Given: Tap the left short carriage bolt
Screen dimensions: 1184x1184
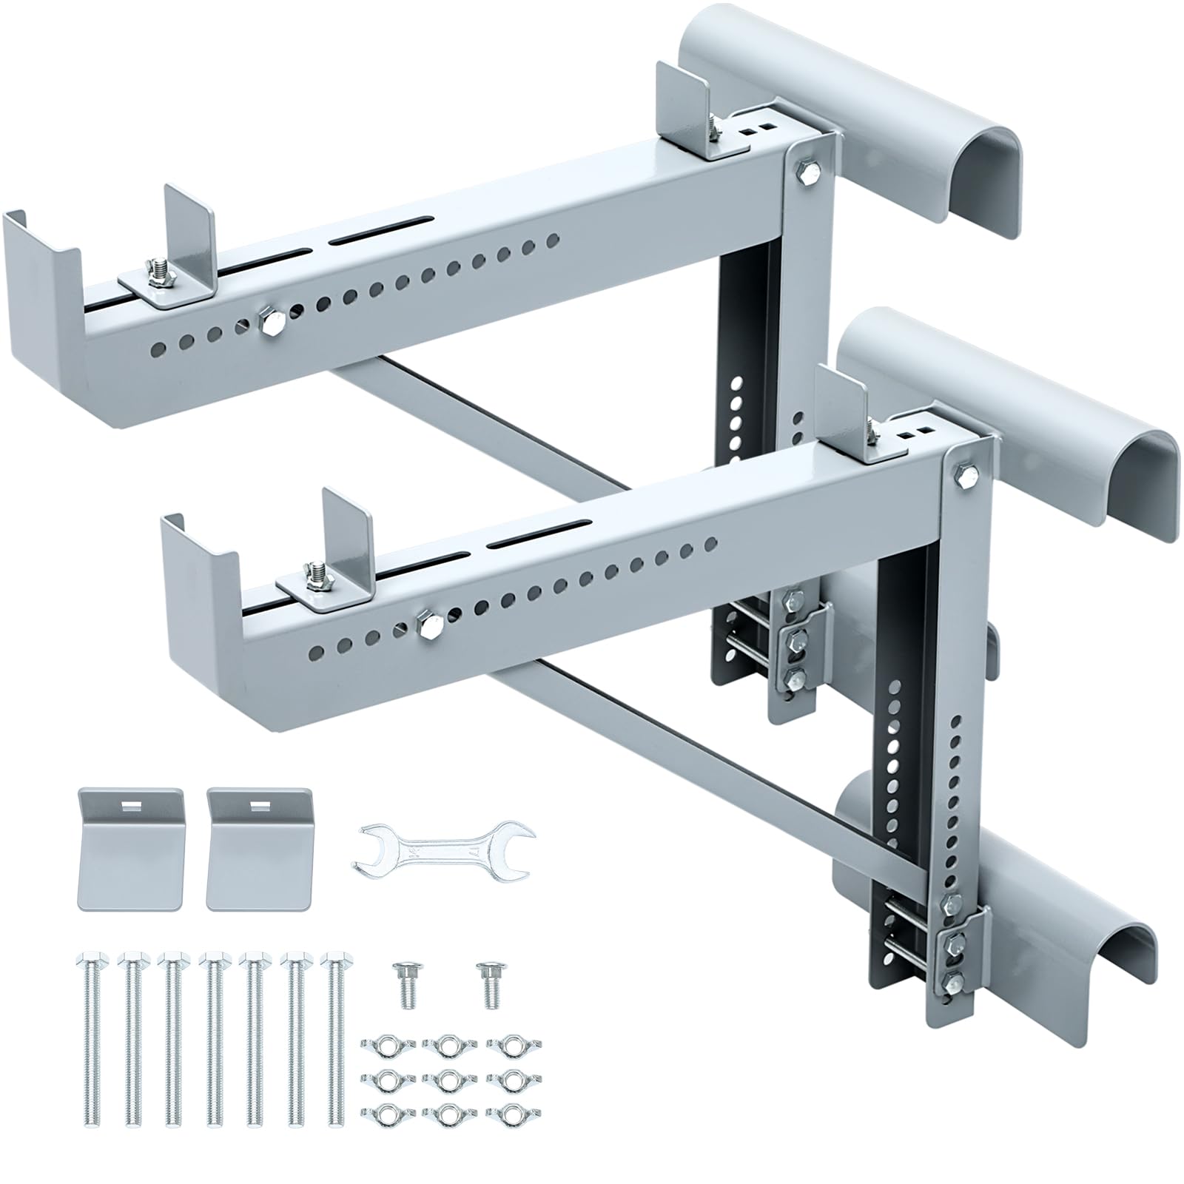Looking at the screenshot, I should click(408, 984).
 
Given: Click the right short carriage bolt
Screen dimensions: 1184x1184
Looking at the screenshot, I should click(488, 984).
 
